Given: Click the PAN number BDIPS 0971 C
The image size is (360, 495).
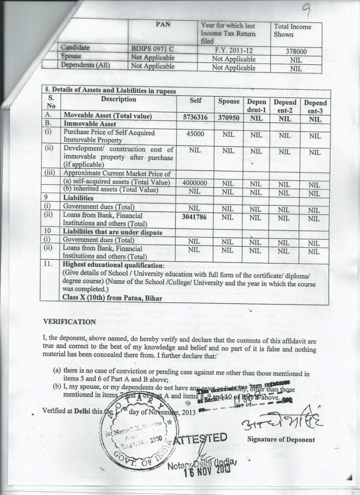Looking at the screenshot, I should (x=152, y=49).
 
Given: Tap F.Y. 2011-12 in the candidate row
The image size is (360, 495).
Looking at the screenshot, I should (x=234, y=50).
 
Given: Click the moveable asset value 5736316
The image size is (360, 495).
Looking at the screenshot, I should (x=195, y=117).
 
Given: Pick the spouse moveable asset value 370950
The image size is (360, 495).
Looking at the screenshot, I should (x=229, y=117).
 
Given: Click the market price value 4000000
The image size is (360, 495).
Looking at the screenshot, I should (x=195, y=183).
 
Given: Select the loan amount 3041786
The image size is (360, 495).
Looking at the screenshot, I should (x=195, y=217).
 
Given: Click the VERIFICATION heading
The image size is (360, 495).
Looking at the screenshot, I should (x=70, y=321).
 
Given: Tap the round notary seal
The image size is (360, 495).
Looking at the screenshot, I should (x=139, y=425).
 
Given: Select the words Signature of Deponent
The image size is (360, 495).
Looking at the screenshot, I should (x=281, y=439).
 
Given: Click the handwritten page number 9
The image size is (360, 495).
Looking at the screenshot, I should (x=319, y=9).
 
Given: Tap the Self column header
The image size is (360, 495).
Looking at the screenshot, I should (x=195, y=101).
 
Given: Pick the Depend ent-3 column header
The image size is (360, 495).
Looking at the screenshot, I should (x=315, y=106).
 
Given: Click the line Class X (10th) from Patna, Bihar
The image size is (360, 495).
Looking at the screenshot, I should (x=113, y=298).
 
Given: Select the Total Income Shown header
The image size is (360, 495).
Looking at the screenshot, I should (x=292, y=30).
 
